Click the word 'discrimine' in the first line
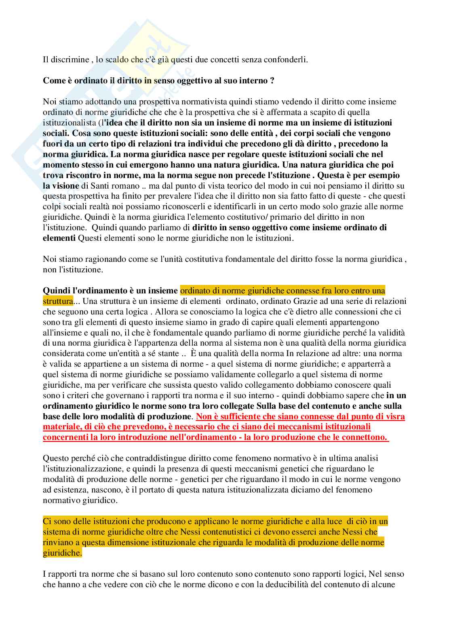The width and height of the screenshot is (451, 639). tap(70, 59)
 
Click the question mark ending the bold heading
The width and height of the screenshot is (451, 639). tap(272, 81)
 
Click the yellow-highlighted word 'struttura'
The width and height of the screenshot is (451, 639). tap(58, 301)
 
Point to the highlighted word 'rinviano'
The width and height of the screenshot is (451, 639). tap(57, 542)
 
